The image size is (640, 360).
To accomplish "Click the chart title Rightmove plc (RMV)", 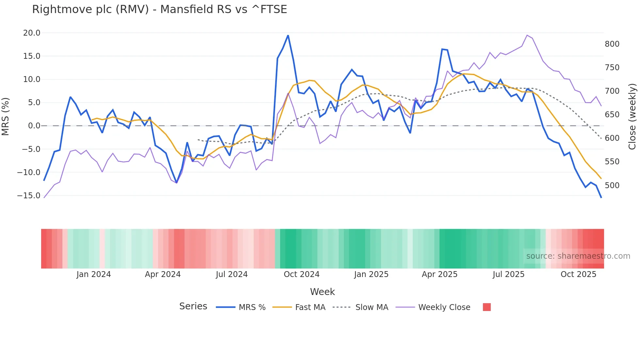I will [x=159, y=9].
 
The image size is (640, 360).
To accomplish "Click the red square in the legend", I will [x=487, y=307].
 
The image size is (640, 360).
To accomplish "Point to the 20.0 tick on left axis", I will [x=32, y=33].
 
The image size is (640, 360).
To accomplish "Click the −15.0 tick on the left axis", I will [x=29, y=196].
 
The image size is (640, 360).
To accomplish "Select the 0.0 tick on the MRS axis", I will [x=34, y=126].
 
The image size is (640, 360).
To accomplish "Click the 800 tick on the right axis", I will [x=612, y=44].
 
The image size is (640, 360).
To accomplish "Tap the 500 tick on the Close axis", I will [x=612, y=185].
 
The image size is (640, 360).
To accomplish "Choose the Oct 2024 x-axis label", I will [x=301, y=274].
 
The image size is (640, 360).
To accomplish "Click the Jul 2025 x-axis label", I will [x=508, y=274].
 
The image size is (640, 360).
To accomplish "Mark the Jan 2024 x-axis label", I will [x=94, y=274].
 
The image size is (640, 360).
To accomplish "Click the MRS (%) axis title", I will [x=6, y=116].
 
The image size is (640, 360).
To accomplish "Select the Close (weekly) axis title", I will [x=632, y=116].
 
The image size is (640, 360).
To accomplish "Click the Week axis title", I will [x=322, y=292].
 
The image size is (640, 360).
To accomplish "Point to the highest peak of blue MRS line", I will [x=288, y=35].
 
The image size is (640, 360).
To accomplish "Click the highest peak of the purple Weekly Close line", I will [x=527, y=35].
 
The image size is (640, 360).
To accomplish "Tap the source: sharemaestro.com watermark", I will [x=578, y=256].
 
